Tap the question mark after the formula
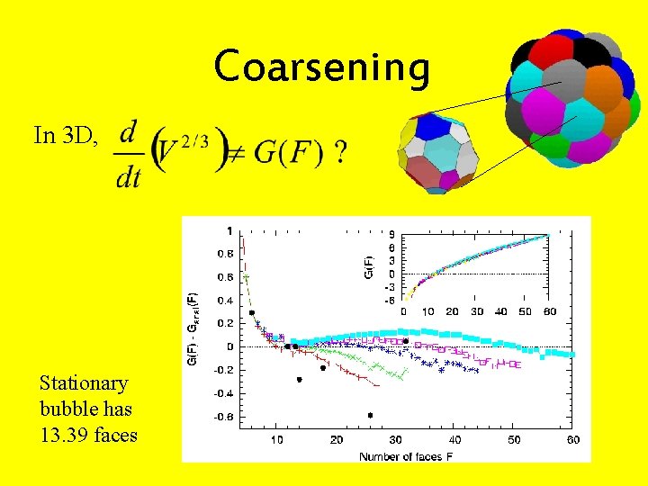click(339, 152)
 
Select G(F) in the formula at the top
click(287, 153)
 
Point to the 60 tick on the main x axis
click(573, 439)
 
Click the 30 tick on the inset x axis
click(477, 310)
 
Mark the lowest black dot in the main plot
click(370, 415)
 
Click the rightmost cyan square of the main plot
click(569, 355)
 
